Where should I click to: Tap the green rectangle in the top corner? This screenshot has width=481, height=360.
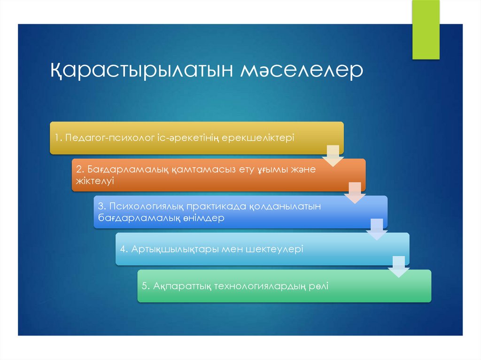click(426, 30)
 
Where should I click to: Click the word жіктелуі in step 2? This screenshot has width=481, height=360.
click(95, 180)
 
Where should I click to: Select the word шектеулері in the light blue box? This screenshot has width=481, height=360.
click(274, 249)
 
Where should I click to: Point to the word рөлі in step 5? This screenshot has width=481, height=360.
click(318, 286)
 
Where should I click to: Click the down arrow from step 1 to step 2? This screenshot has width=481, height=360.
click(333, 156)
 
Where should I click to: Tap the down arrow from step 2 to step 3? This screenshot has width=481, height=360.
click(355, 192)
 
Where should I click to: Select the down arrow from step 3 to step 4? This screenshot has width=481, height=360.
click(377, 230)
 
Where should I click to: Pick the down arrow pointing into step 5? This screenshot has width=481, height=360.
click(398, 266)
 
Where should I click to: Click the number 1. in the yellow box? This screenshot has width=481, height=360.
click(58, 138)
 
